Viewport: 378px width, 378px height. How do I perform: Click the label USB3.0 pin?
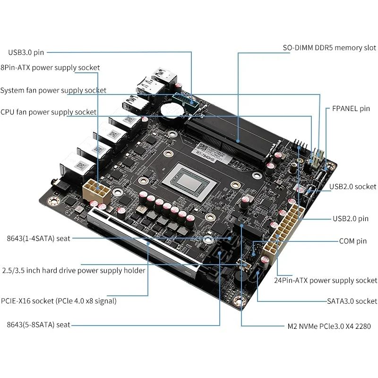[x=26, y=52]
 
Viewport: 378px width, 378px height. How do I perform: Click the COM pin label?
[x=353, y=241]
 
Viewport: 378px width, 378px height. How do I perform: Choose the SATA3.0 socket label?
[x=352, y=301]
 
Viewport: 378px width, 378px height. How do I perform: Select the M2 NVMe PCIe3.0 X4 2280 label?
[x=329, y=326]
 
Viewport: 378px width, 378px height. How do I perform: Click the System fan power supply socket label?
[x=53, y=90]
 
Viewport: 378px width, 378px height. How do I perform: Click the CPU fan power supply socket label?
[x=49, y=112]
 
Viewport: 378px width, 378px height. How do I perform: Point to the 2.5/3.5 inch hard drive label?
[x=73, y=270]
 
